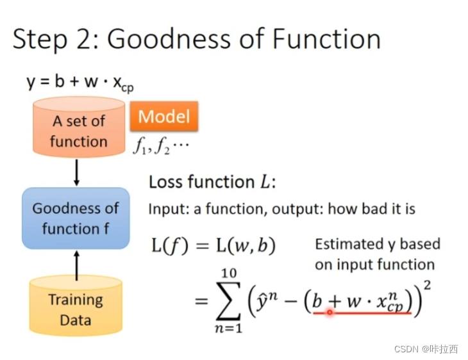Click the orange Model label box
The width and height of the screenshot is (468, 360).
(164, 116)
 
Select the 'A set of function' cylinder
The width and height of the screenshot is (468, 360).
(79, 127)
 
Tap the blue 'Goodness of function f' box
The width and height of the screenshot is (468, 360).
(76, 218)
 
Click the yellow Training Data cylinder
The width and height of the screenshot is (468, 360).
(76, 306)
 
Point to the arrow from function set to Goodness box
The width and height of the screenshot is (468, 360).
(77, 172)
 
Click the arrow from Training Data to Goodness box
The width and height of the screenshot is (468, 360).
(77, 265)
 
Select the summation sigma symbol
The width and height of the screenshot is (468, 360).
(229, 300)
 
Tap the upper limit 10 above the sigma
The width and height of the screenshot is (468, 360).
(229, 274)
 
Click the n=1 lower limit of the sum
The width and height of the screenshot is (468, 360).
(229, 328)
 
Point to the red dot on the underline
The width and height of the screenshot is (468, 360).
(330, 312)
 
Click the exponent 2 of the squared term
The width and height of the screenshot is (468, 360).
(428, 286)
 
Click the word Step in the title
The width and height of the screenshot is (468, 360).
(40, 40)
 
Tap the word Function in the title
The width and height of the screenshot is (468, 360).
(326, 39)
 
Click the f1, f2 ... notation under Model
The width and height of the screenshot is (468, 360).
(161, 147)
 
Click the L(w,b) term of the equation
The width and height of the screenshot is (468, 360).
(246, 246)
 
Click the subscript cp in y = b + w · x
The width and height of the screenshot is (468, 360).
(128, 88)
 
